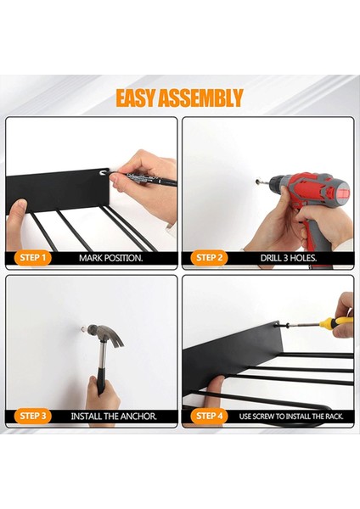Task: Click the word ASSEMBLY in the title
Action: [x=200, y=98]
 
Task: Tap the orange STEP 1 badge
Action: [x=33, y=258]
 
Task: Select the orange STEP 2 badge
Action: [x=209, y=258]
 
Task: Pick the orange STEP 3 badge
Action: [x=33, y=417]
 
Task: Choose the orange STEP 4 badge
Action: [x=209, y=417]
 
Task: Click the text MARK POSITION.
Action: [x=111, y=259]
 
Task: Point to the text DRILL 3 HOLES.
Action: [x=289, y=259]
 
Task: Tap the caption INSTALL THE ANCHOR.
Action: [x=114, y=417]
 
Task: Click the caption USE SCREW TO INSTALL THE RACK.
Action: [x=291, y=417]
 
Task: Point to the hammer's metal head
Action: [x=105, y=334]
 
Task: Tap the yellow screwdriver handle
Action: [x=336, y=322]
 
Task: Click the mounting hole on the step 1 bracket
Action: [x=104, y=172]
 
